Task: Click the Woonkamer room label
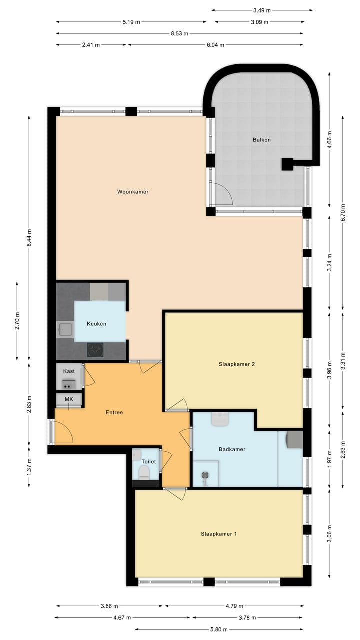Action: pyautogui.click(x=133, y=192)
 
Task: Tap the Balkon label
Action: pyautogui.click(x=261, y=140)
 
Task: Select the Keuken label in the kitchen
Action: pyautogui.click(x=96, y=324)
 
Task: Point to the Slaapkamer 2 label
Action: pyautogui.click(x=237, y=364)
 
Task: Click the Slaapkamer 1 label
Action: pyautogui.click(x=219, y=534)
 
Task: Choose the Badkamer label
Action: pyautogui.click(x=232, y=449)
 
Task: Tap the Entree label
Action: pyautogui.click(x=114, y=412)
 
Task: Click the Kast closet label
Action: pyautogui.click(x=69, y=371)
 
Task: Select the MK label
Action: pyautogui.click(x=69, y=400)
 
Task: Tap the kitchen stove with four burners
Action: pyautogui.click(x=95, y=349)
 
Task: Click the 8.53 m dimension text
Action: pyautogui.click(x=179, y=34)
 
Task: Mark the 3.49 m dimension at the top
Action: pyautogui.click(x=262, y=10)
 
